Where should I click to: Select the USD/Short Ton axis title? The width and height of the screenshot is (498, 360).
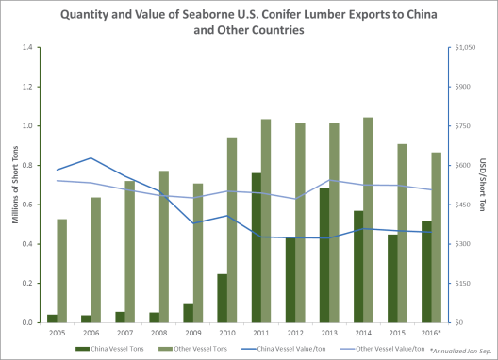tap(483, 185)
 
